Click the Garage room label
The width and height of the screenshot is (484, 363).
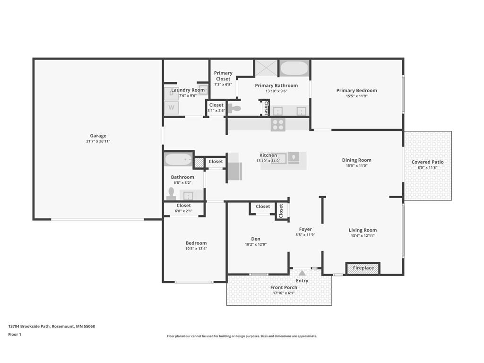coord(98,136)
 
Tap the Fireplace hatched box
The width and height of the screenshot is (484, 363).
coord(363,268)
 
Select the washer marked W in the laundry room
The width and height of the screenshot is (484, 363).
coord(171,108)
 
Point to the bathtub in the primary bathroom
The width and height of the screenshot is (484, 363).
coord(294,68)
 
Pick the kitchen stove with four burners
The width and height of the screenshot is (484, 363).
coord(278,125)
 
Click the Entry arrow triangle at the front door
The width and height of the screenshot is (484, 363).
coord(302,273)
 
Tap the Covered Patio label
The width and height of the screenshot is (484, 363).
coord(427,162)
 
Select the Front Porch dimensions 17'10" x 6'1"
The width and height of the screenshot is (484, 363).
coord(284,293)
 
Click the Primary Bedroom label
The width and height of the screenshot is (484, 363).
coord(356,90)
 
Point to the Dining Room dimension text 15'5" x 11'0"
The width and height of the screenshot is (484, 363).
coord(356,166)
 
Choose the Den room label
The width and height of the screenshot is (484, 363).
coord(256,239)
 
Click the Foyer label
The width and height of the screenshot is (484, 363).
coord(305,229)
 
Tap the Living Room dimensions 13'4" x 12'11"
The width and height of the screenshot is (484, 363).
coord(363,235)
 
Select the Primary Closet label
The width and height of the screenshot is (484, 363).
coord(223,76)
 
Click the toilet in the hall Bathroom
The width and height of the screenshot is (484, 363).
coord(171,194)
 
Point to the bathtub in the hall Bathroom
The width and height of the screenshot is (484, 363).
coord(178,160)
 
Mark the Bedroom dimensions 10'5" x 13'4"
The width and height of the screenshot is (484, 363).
coord(196,249)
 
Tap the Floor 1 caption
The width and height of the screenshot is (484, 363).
coord(15,334)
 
